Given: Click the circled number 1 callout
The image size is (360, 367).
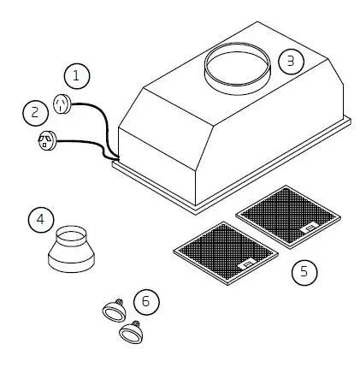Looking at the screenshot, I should (78, 76).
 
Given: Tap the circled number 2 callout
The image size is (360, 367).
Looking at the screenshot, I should (36, 111).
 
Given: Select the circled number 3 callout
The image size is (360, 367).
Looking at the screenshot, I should (291, 62).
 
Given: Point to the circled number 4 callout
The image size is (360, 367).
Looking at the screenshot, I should (38, 220).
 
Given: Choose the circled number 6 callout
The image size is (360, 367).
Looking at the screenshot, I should (146, 301).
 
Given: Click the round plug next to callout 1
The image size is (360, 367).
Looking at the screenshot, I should (61, 103).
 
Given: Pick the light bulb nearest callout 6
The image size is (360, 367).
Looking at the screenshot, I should (112, 310).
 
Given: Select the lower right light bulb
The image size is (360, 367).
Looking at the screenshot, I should (131, 330).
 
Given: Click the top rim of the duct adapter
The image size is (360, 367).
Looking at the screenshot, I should (73, 229).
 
